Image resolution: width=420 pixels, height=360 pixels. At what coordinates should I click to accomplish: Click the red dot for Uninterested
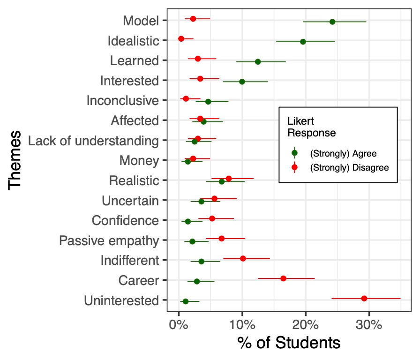pos(364,298)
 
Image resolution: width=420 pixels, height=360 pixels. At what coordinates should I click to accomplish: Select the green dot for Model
pos(332,22)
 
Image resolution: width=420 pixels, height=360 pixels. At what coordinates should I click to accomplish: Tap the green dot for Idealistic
pos(303,42)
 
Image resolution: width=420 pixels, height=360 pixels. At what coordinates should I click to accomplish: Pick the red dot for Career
pos(283,278)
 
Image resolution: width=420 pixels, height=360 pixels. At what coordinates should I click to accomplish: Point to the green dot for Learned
pos(258,61)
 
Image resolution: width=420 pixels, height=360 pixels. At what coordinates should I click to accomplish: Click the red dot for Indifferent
pos(243,258)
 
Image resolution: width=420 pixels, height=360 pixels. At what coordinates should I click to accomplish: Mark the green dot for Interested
pos(242,82)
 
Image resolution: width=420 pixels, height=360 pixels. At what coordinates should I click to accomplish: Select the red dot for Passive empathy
pos(222,239)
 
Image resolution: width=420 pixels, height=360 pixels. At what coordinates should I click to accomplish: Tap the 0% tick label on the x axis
pos(179,325)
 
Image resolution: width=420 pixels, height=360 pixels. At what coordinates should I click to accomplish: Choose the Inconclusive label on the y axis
pos(123,101)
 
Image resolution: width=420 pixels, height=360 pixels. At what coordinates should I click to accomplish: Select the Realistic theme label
pos(134,180)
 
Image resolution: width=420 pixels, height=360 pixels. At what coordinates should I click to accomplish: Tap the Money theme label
pos(139,161)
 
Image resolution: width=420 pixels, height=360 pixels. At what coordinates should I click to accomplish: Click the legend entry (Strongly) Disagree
pos(349,168)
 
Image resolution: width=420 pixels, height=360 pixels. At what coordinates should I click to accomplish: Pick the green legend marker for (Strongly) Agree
pos(294,153)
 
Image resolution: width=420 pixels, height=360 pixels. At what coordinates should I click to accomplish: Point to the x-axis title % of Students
pos(289,343)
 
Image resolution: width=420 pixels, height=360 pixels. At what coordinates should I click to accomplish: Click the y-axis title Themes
pos(15,160)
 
